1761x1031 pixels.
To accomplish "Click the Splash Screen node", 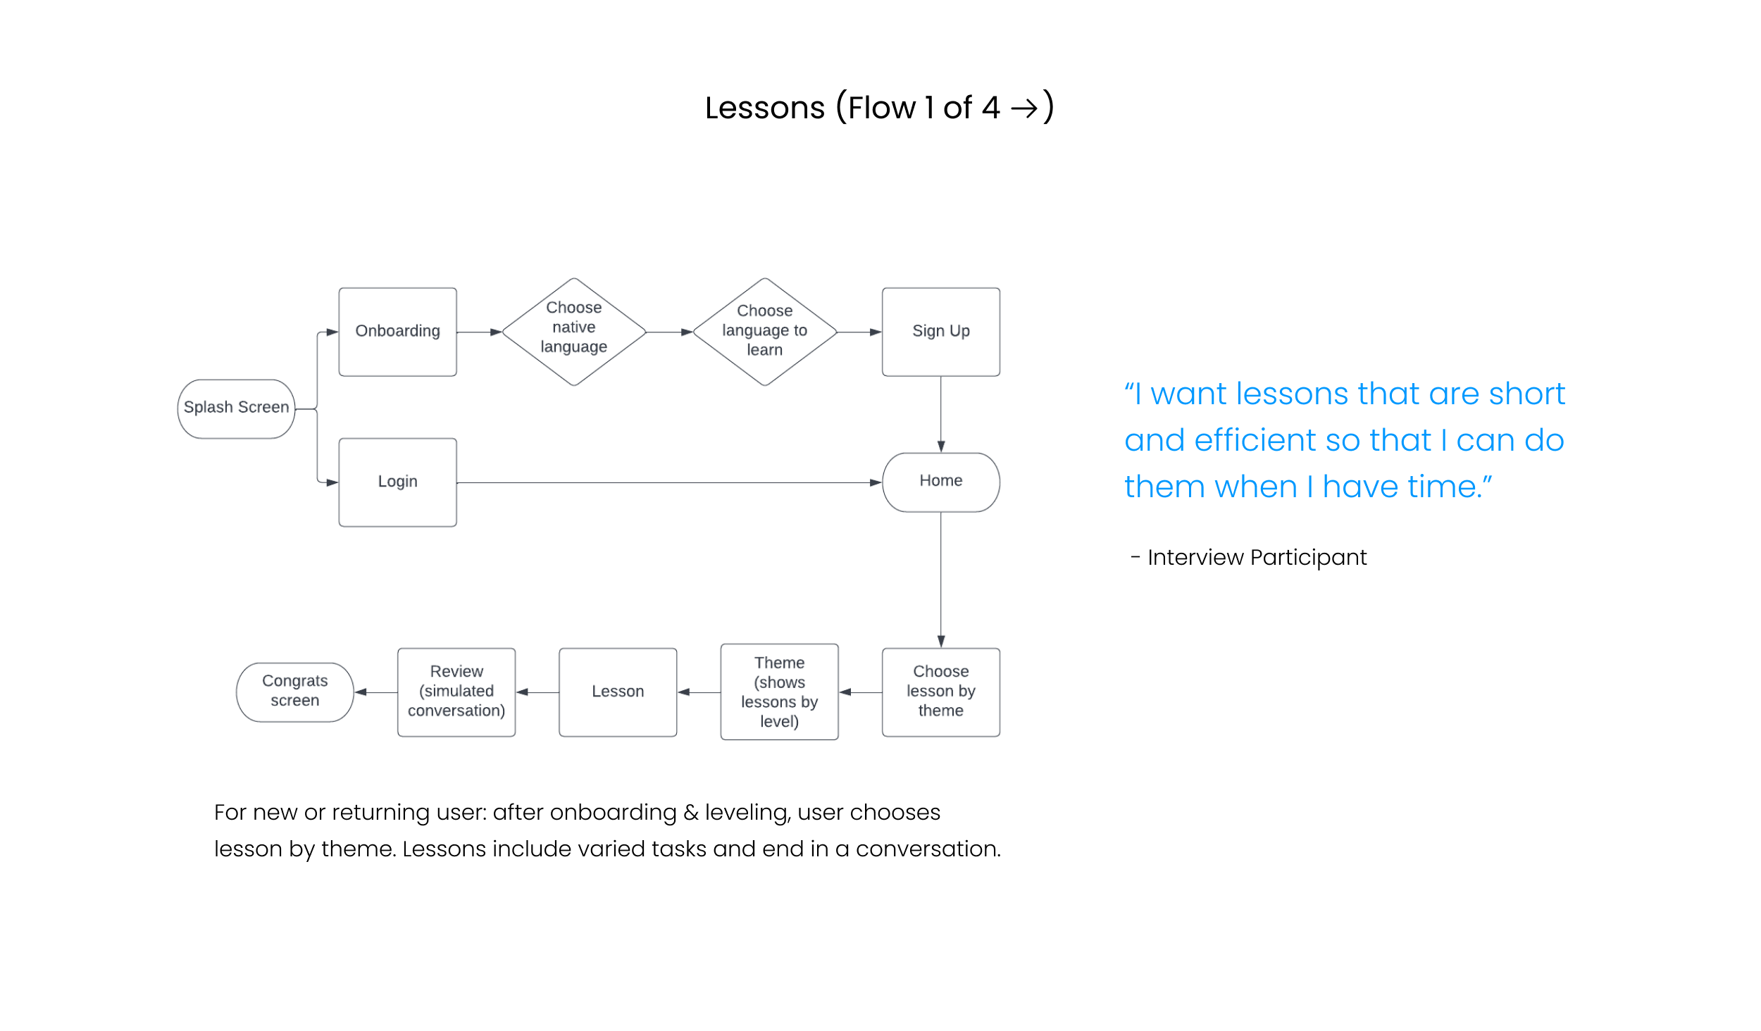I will point(236,408).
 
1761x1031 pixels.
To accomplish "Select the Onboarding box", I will point(397,332).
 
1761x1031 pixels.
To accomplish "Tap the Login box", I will point(397,482).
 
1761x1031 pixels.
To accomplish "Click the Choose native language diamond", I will point(574,332).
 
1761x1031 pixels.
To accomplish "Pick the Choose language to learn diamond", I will point(765,332).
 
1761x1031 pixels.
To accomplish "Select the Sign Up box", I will point(940,332).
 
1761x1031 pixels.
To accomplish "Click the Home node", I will point(940,482).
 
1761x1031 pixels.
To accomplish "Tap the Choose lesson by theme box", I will point(940,692).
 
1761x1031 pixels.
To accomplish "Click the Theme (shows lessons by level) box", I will point(779,692).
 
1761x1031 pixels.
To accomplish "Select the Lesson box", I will point(618,692).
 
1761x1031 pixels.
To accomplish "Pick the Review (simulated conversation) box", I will point(456,692).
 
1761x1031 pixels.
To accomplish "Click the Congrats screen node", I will point(295,692).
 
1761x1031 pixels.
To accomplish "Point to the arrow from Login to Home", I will point(669,482).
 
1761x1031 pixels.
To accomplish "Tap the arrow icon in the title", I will point(1024,108).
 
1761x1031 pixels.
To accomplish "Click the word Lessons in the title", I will point(765,108).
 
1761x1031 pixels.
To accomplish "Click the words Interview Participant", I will point(1257,558).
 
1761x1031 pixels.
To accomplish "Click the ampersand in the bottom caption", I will point(691,813).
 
